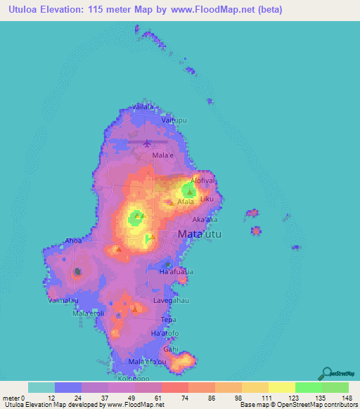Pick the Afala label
point(186,201)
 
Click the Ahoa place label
point(73,240)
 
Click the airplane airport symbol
point(147,143)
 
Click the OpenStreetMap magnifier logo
point(328,374)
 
